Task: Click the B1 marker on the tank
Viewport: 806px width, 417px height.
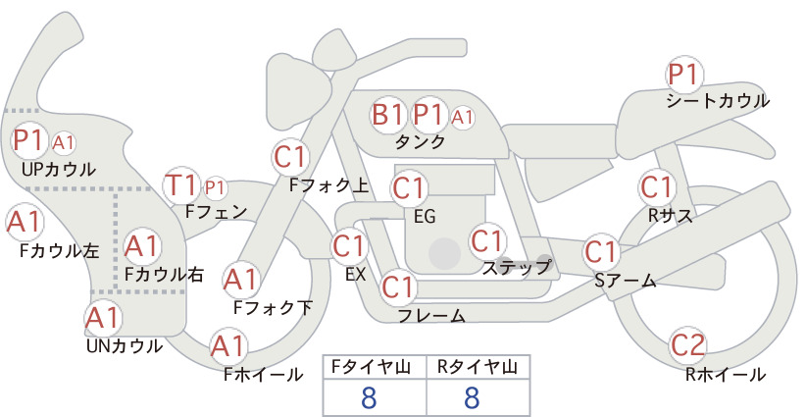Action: tap(387, 114)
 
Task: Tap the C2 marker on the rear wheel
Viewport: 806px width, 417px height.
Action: tap(687, 345)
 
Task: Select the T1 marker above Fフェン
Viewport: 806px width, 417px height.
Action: tap(180, 185)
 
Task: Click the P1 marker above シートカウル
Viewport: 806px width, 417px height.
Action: tap(683, 76)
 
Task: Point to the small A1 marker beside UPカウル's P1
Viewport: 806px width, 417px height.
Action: tap(64, 143)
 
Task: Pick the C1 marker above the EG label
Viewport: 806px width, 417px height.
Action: tap(408, 188)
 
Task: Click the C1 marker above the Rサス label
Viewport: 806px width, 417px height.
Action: tap(656, 187)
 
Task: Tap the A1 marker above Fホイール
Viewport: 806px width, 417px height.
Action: tap(227, 345)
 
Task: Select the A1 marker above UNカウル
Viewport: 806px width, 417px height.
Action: tap(103, 318)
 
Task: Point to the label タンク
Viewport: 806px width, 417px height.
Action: tap(421, 141)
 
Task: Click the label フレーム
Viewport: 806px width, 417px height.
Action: tap(431, 315)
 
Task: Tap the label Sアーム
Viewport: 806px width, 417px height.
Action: tap(625, 281)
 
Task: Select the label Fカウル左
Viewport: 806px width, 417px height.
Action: tap(59, 251)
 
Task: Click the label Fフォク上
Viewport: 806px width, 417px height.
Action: tap(329, 185)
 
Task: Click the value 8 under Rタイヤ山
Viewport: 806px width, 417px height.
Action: tap(472, 397)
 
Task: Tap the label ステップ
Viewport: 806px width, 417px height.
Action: tap(517, 268)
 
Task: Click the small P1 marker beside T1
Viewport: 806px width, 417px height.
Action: tap(216, 188)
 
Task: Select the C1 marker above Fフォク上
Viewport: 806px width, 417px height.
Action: tap(291, 158)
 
